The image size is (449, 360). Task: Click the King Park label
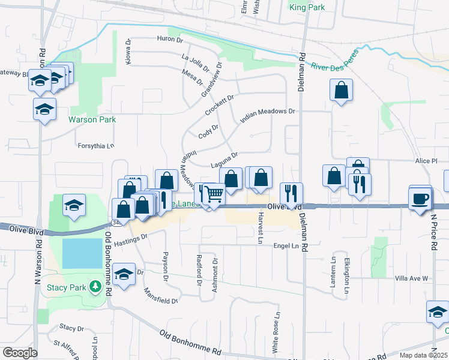(x=306, y=8)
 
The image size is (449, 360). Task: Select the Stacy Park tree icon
(x=94, y=287)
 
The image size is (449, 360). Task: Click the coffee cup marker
(x=420, y=198)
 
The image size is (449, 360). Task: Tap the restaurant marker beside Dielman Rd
(x=291, y=193)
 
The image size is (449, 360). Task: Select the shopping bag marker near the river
(x=341, y=91)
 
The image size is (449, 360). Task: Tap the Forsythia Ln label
(x=95, y=146)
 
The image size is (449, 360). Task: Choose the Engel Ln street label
(x=286, y=246)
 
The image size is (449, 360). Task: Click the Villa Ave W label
(x=411, y=278)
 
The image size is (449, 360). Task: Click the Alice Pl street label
(x=427, y=161)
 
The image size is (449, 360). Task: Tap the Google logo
(x=19, y=353)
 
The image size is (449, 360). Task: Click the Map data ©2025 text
(x=423, y=355)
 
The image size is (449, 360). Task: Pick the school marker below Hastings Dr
(x=124, y=275)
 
